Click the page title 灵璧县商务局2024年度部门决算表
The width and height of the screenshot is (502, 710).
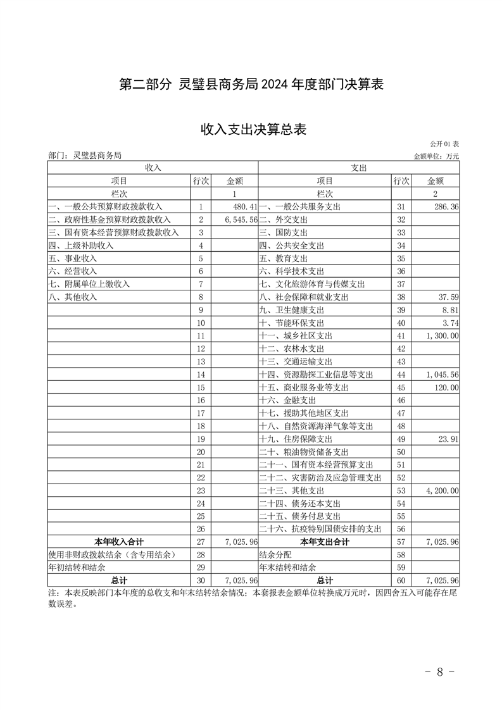252,85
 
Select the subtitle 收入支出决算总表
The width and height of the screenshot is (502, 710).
253,130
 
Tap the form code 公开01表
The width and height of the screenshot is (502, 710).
443,145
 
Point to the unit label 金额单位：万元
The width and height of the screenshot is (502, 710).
436,156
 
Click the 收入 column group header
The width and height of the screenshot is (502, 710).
153,168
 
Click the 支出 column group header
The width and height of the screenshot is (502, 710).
359,168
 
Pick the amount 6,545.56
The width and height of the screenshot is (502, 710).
241,220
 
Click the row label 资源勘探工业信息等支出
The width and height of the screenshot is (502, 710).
316,374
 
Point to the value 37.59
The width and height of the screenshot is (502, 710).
448,297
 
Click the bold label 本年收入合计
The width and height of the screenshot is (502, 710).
119,542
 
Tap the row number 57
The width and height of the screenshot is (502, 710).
400,542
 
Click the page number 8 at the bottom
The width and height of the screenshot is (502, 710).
439,671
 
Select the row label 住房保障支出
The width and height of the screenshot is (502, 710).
296,439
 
